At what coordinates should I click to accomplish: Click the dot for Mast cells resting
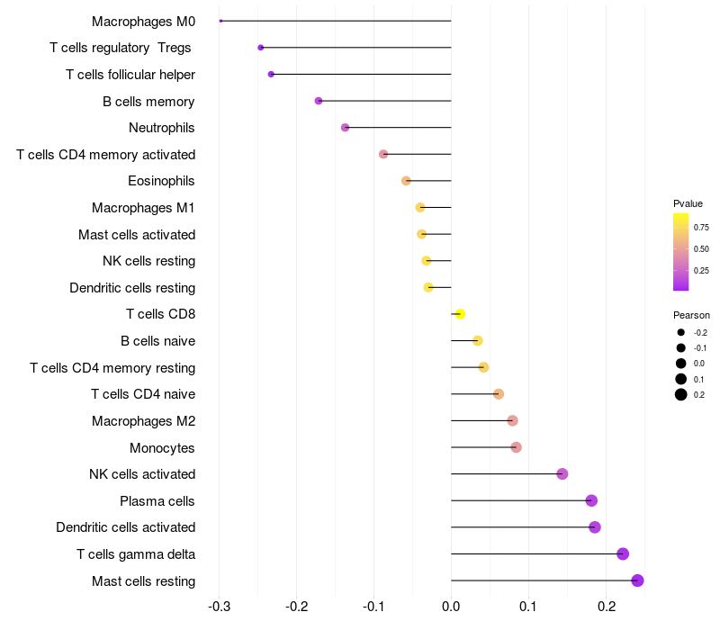637,580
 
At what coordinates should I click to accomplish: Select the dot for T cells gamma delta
623,554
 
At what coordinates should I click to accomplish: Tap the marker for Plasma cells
591,500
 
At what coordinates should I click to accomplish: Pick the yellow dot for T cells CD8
460,314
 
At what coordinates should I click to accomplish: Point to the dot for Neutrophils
345,128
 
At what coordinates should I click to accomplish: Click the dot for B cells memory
319,101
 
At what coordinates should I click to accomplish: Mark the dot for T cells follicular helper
271,74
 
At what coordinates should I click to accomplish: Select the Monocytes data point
516,447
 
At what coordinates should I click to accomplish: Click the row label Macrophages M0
143,21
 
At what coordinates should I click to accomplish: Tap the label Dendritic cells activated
125,527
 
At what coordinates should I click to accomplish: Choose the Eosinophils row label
161,181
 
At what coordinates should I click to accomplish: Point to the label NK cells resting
148,261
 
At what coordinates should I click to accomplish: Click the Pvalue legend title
688,203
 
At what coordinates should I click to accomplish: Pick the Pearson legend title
691,316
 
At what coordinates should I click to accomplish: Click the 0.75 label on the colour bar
701,228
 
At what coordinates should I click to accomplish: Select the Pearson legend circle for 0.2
681,394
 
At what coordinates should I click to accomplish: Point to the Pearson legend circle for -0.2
681,333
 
